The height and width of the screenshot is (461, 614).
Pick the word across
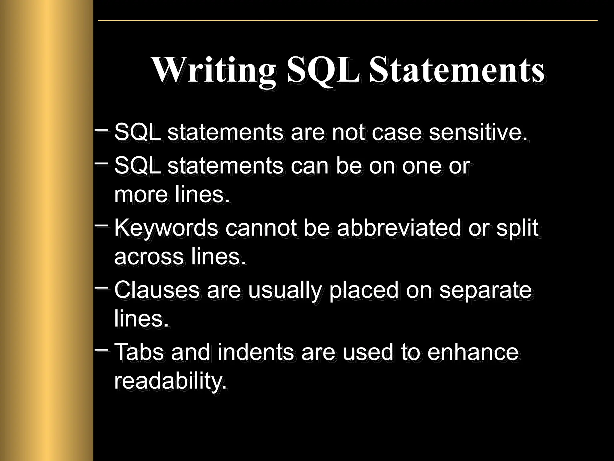click(x=149, y=257)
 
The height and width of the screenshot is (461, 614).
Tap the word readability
click(x=170, y=381)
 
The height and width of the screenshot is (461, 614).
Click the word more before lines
click(x=141, y=195)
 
